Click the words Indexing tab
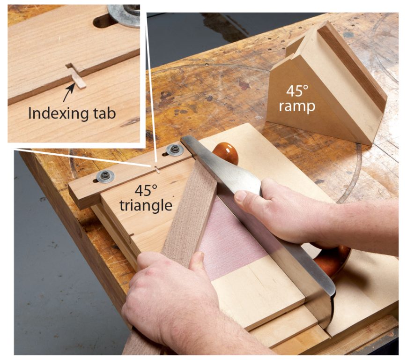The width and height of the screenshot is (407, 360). pos(72,113)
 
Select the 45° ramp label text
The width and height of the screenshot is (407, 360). pos(296,100)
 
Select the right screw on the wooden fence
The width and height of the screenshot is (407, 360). pos(175,150)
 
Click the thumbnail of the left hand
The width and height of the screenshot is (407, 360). pos(199,257)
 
